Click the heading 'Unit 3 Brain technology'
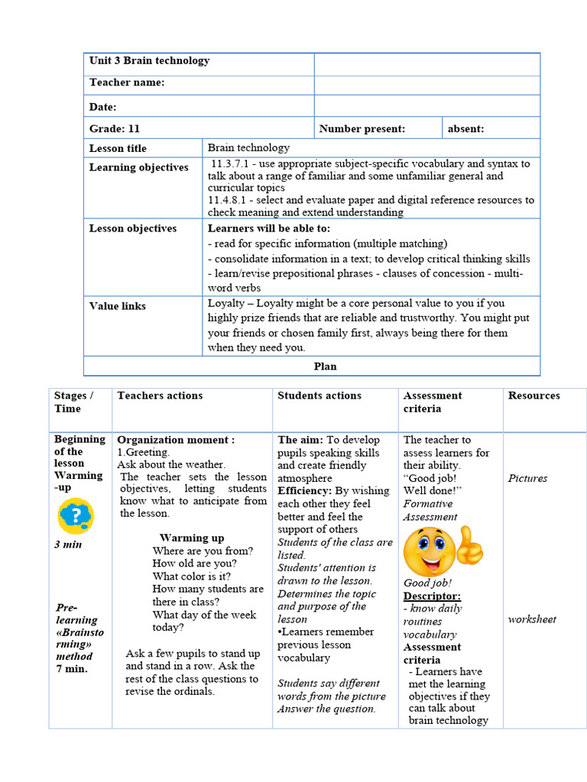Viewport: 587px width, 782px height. click(x=149, y=61)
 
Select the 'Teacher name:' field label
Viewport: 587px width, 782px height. click(x=127, y=82)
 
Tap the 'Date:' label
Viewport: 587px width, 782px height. click(x=103, y=107)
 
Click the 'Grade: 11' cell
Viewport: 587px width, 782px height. click(x=115, y=128)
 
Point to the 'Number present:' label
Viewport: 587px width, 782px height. click(x=362, y=128)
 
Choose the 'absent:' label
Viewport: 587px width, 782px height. click(x=465, y=128)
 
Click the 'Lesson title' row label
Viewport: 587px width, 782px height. click(x=118, y=148)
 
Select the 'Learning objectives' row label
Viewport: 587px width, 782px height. click(x=138, y=167)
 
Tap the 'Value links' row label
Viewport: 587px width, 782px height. click(x=117, y=305)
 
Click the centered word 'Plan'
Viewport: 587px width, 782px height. click(x=326, y=367)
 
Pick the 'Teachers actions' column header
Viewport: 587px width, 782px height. click(x=160, y=396)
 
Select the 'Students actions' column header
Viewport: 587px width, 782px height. click(x=319, y=396)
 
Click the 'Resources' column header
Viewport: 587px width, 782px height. click(x=533, y=396)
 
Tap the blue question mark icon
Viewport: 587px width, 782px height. click(x=75, y=516)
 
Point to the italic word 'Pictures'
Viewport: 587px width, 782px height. click(x=527, y=478)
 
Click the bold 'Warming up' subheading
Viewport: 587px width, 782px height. click(x=192, y=538)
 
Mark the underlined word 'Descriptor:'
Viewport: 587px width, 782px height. click(x=432, y=596)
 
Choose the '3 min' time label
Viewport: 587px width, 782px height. click(x=68, y=544)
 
